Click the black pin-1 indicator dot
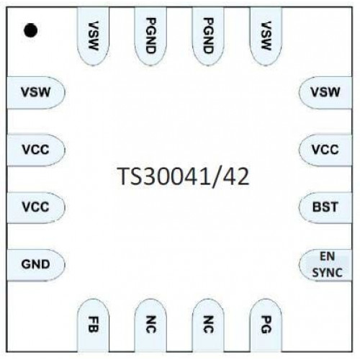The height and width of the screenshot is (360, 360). tap(30, 30)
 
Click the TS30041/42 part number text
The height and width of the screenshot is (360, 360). tap(184, 176)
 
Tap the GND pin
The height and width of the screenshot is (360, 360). tap(36, 265)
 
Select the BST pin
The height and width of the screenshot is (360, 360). tap(325, 207)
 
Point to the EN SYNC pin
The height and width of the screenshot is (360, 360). tap(325, 265)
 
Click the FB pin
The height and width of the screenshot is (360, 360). tap(93, 325)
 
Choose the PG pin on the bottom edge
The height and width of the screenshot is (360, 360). tap(266, 325)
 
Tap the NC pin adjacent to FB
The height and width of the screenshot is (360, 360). tap(150, 325)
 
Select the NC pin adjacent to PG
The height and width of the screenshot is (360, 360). tap(208, 325)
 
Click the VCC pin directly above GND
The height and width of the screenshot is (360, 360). tap(36, 207)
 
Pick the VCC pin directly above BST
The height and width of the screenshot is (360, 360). tap(325, 150)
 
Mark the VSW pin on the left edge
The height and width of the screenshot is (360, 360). tap(36, 92)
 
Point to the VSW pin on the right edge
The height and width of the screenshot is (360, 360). tap(325, 92)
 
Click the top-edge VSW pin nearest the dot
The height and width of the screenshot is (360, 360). tap(93, 36)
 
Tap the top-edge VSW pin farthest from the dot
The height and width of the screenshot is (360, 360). tap(266, 36)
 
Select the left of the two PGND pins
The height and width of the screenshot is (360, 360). tap(150, 36)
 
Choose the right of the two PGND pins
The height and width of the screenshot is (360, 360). tap(208, 36)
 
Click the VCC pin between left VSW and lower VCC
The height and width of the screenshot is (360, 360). tap(36, 150)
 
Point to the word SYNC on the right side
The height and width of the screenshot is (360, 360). tap(328, 273)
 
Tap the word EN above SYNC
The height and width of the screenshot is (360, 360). tap(328, 256)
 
